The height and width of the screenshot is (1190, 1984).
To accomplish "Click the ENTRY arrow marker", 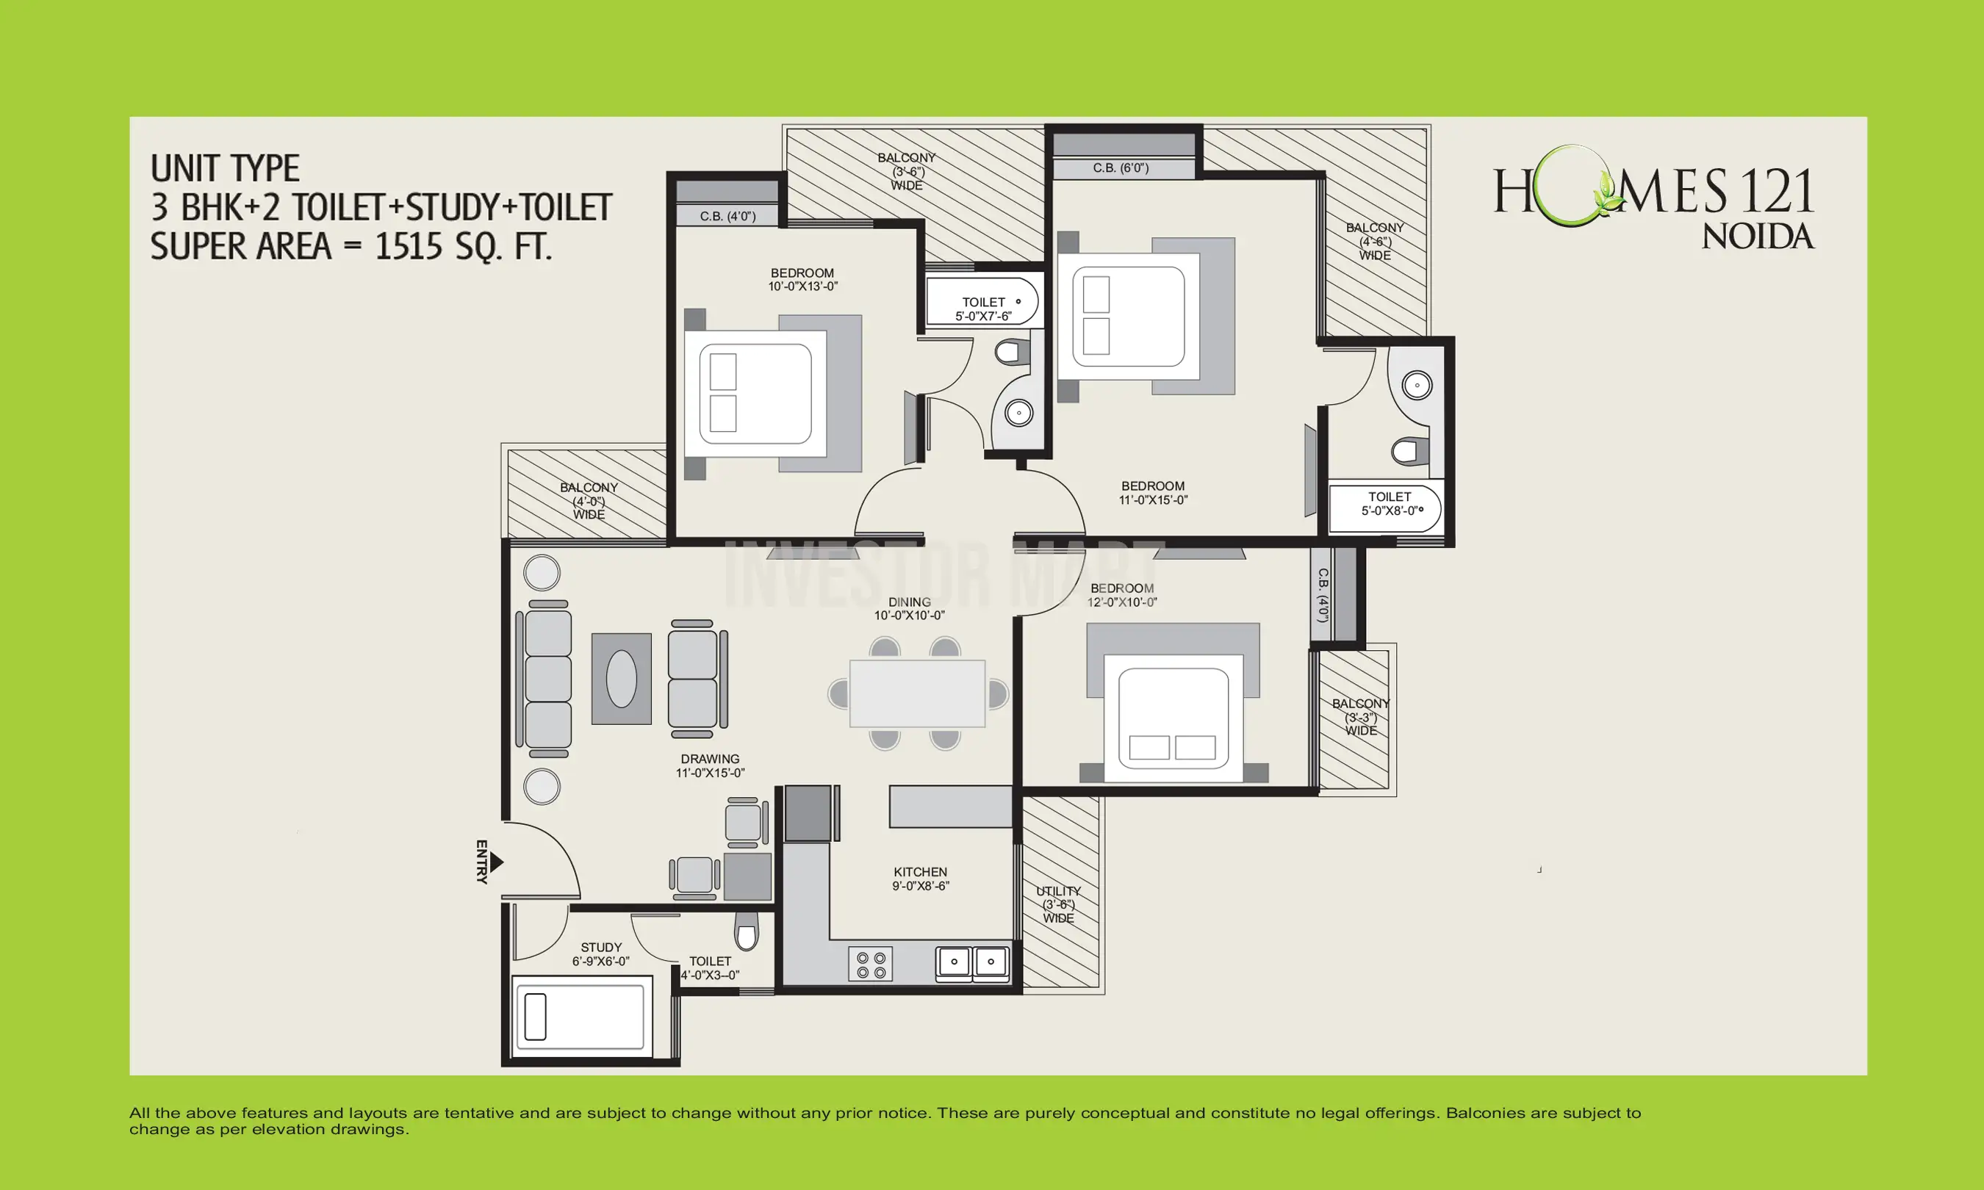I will (497, 862).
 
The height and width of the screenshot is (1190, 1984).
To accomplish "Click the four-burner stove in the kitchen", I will (870, 964).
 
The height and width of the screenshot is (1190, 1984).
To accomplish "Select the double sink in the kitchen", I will (972, 962).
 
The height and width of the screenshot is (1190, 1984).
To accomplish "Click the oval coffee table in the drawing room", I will (622, 679).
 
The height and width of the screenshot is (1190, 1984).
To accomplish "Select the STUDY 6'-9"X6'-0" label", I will (600, 953).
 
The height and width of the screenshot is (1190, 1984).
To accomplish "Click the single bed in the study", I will (581, 1016).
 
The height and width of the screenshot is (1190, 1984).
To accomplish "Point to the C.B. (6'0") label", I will (1121, 168).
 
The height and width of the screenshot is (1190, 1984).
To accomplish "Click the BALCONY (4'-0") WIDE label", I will (589, 500).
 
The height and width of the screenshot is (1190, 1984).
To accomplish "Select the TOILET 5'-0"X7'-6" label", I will (983, 309).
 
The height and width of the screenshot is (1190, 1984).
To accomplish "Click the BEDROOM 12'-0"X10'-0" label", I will (1122, 595).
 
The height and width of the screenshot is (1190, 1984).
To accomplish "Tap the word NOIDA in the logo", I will (1757, 237).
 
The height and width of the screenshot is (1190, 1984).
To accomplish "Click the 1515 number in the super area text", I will (408, 245).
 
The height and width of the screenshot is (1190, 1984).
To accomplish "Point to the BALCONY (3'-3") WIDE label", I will (1360, 717).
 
